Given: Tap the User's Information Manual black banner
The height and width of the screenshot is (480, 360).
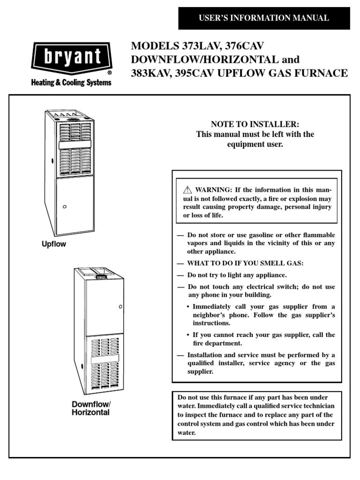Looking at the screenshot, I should tap(264, 18).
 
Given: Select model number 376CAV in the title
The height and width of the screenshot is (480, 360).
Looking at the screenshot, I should tap(244, 47).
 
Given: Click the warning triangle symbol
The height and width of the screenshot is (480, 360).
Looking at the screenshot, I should tap(188, 190).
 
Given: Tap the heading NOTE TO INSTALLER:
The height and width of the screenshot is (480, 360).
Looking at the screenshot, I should tap(255, 124).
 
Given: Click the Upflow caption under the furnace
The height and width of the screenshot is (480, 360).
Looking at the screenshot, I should tap(54, 244).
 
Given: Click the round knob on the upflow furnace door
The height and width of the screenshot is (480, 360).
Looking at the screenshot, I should tap(65, 206).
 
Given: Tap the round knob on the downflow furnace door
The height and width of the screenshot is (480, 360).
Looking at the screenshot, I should tap(120, 307).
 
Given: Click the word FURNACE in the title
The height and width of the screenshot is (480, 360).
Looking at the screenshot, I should tap(321, 74).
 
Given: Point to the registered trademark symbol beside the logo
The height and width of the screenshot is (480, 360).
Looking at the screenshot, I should tap(110, 73).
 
